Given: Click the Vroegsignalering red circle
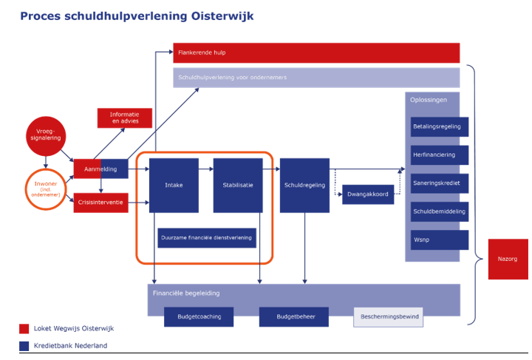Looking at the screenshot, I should [x=46, y=135].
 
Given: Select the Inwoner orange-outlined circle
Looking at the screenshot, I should [x=46, y=190].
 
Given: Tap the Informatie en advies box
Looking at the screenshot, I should [x=124, y=118].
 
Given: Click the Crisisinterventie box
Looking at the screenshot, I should [x=100, y=203].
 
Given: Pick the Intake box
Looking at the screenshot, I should [x=174, y=185].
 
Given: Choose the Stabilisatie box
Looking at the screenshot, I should [x=238, y=185].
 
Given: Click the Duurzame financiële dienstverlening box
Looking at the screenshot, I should [x=206, y=237].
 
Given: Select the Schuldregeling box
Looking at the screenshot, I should [x=304, y=185].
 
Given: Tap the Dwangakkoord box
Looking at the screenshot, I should [x=367, y=195].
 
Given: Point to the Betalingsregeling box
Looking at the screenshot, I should [x=439, y=126].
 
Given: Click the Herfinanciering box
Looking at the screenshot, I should [x=439, y=154].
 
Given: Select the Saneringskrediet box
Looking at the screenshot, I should [x=439, y=183].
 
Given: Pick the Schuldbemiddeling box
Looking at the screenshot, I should [x=439, y=211].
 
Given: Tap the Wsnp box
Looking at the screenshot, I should [x=439, y=240].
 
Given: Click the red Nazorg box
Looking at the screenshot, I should [x=508, y=259].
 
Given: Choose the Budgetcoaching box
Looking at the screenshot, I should [x=199, y=316].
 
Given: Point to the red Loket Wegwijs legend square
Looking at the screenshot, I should [x=24, y=329].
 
